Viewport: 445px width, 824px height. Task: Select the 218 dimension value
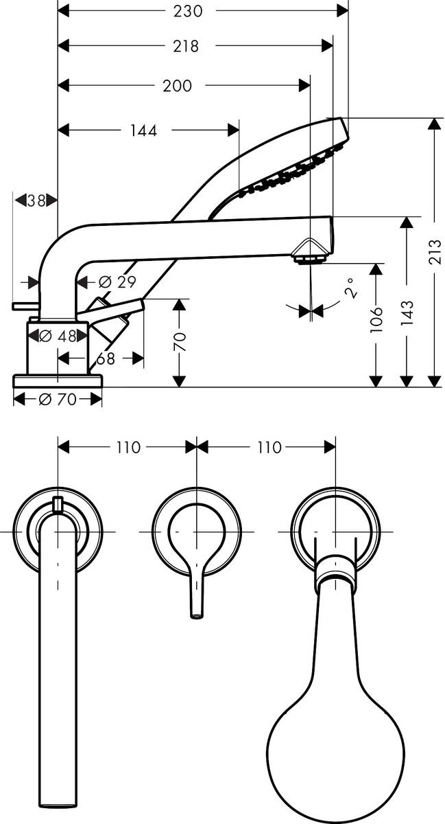pyautogui.click(x=186, y=47)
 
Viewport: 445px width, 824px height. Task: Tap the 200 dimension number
pyautogui.click(x=178, y=86)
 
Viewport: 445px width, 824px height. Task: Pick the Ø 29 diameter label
pyautogui.click(x=117, y=282)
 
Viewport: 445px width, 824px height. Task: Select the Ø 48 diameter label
pyautogui.click(x=57, y=336)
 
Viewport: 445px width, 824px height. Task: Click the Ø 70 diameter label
pyautogui.click(x=58, y=400)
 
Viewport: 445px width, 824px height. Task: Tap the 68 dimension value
pyautogui.click(x=105, y=358)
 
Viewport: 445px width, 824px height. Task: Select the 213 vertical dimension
pyautogui.click(x=435, y=245)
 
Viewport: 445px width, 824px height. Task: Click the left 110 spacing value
pyautogui.click(x=128, y=448)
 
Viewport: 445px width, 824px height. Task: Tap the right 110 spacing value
pyautogui.click(x=269, y=448)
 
